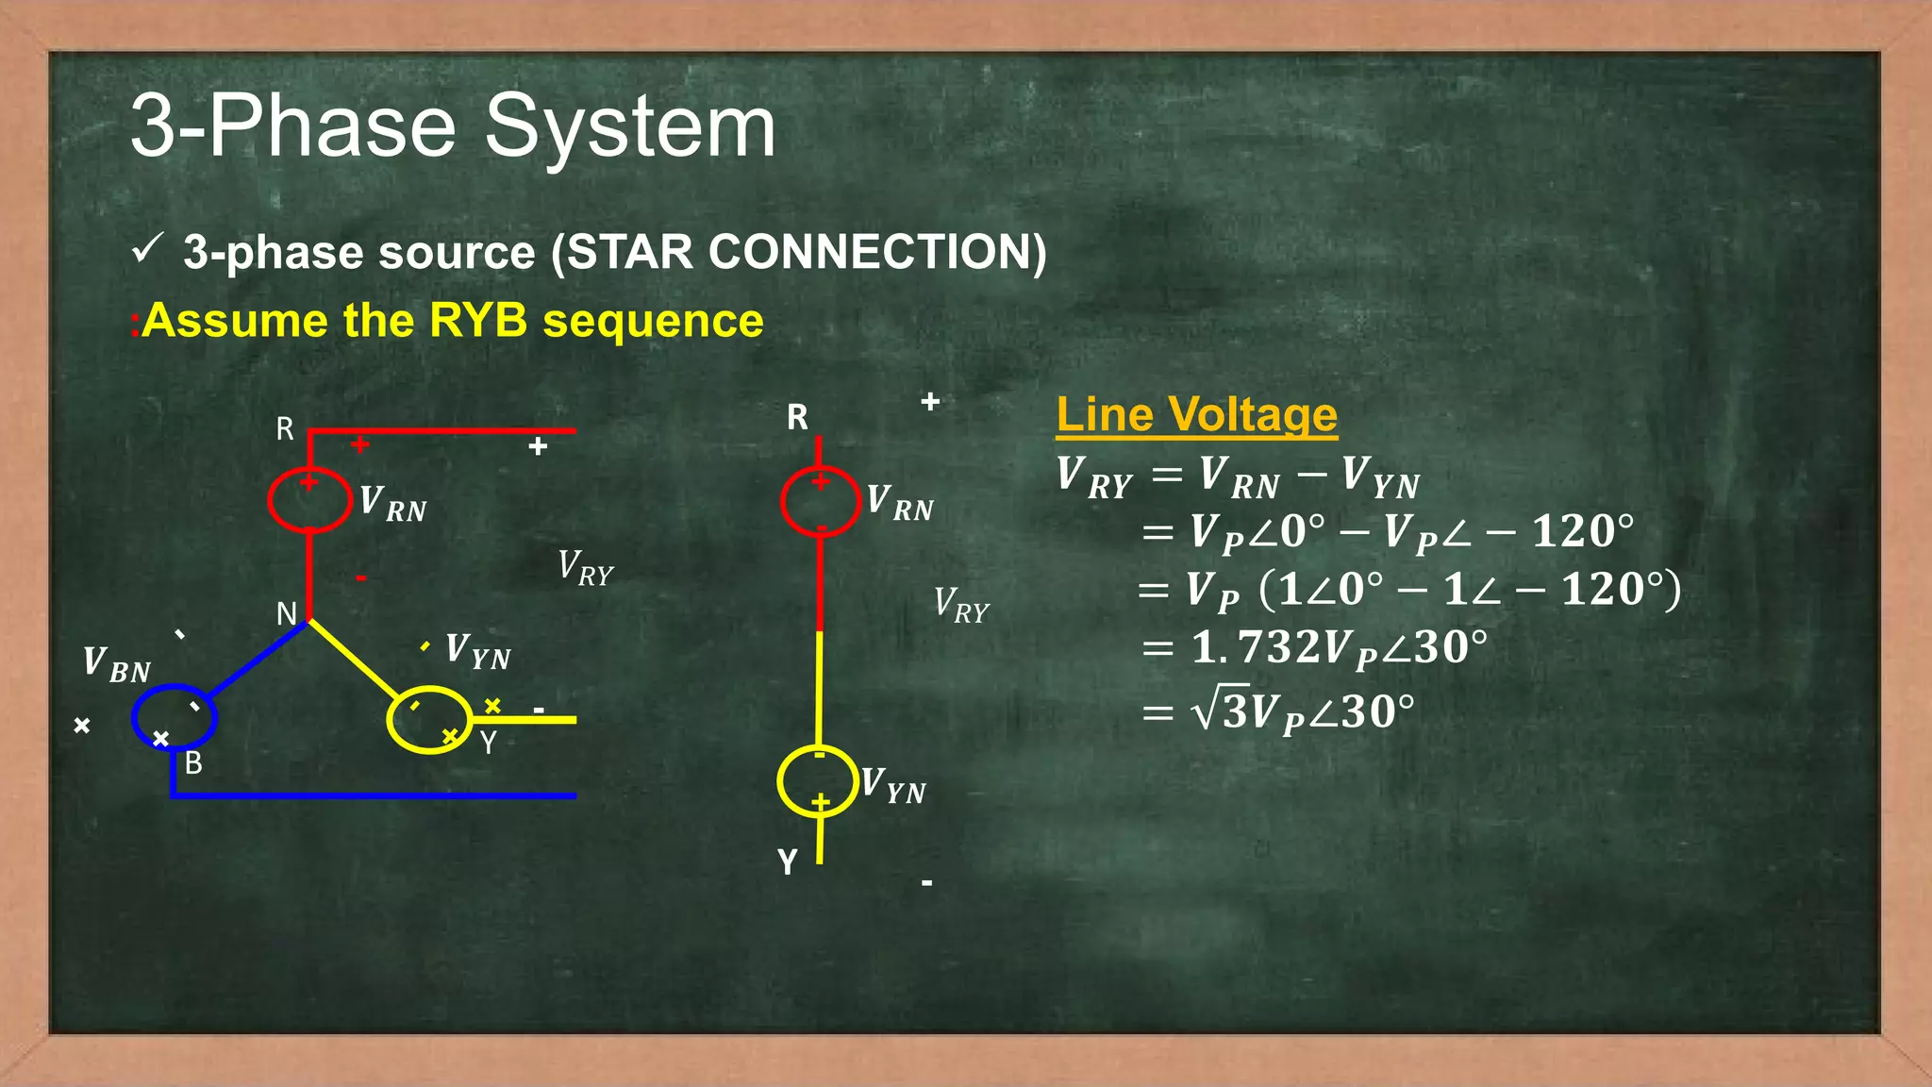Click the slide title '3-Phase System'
453,127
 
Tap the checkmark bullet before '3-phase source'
147,250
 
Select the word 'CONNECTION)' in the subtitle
877,253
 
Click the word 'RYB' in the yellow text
477,321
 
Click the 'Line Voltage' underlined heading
1196,414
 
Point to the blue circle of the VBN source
175,717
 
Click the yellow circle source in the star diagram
429,719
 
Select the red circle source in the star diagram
309,500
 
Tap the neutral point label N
287,614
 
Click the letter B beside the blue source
193,762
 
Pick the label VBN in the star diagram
116,663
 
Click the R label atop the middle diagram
797,417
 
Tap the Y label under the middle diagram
788,861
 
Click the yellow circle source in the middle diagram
818,781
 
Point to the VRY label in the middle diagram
961,604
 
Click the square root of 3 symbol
1221,711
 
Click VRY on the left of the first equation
1094,477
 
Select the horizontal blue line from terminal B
377,795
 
